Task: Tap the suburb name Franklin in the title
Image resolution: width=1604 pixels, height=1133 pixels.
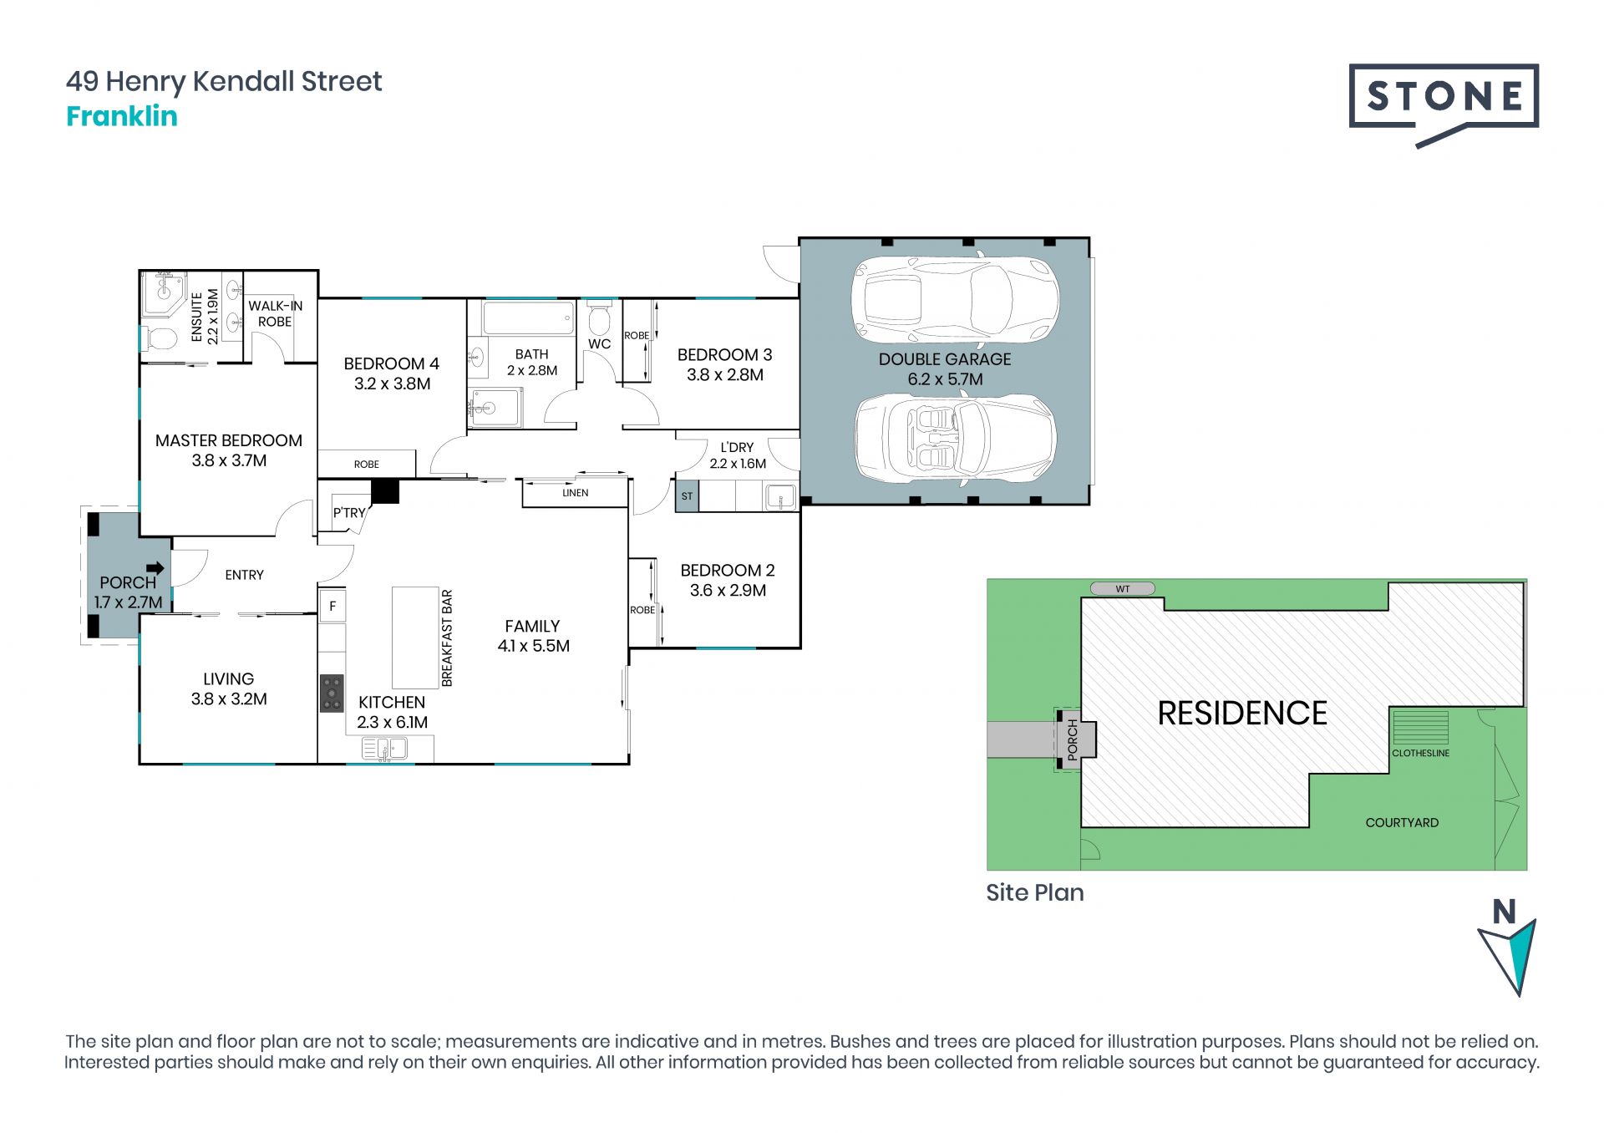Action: (x=122, y=116)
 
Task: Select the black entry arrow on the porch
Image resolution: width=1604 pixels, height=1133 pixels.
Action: (x=155, y=568)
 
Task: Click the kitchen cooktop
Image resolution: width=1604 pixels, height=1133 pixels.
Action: (x=332, y=693)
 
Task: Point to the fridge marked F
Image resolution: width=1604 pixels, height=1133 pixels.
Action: (x=332, y=606)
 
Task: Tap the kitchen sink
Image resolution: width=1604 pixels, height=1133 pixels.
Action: (x=384, y=749)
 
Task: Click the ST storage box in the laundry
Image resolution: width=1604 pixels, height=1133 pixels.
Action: (x=687, y=496)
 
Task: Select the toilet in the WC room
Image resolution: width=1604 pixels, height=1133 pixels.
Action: (x=599, y=318)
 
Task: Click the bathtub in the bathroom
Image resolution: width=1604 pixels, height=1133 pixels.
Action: (x=528, y=318)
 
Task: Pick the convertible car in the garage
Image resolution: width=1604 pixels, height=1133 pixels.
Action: (x=955, y=439)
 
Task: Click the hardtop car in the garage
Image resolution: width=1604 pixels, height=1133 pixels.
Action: (x=955, y=299)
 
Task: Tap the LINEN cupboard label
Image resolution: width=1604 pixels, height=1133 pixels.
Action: (x=576, y=493)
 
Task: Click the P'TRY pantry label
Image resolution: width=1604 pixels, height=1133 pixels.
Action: (x=349, y=512)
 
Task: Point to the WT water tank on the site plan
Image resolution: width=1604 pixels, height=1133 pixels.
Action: (x=1123, y=589)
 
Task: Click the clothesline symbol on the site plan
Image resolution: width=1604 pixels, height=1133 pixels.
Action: (x=1419, y=727)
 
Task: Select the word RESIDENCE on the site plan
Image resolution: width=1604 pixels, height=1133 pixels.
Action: (x=1242, y=714)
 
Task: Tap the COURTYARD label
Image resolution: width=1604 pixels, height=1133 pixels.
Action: (x=1402, y=823)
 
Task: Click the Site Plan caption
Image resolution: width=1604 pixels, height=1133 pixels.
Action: (x=1035, y=892)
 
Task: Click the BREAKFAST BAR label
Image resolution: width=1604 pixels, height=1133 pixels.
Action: (x=447, y=638)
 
